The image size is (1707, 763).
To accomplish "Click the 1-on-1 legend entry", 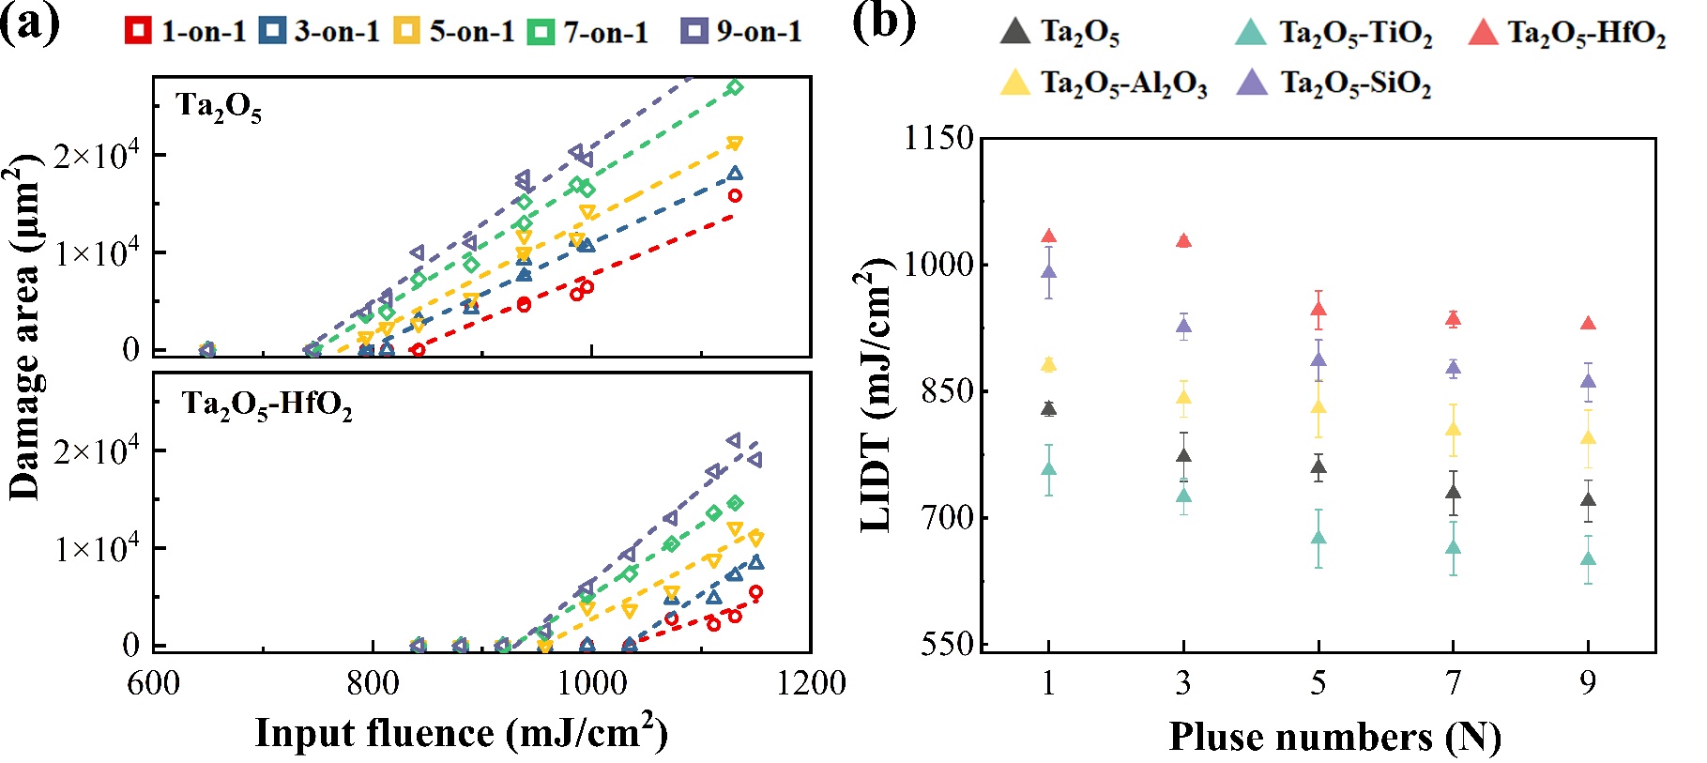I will click(185, 31).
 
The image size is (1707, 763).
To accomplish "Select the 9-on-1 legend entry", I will click(741, 31).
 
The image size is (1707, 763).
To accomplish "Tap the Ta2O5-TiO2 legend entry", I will click(1334, 33).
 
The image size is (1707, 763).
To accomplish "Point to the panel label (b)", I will click(883, 21).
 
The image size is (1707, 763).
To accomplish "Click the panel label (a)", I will click(30, 21).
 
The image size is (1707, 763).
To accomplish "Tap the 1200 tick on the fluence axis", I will click(811, 682).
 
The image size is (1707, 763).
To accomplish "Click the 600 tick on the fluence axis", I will click(154, 682).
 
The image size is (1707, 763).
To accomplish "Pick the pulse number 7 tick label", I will click(1453, 682).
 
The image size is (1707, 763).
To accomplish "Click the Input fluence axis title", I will click(461, 732).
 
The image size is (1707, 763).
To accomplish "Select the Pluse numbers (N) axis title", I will click(1334, 736).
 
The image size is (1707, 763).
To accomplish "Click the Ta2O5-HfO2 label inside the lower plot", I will click(267, 404).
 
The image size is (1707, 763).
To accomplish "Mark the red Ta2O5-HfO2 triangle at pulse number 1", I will click(1049, 237).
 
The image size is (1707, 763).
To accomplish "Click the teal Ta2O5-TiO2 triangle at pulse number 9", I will click(1588, 559).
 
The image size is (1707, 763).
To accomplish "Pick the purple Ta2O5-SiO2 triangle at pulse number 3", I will click(1183, 327).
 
